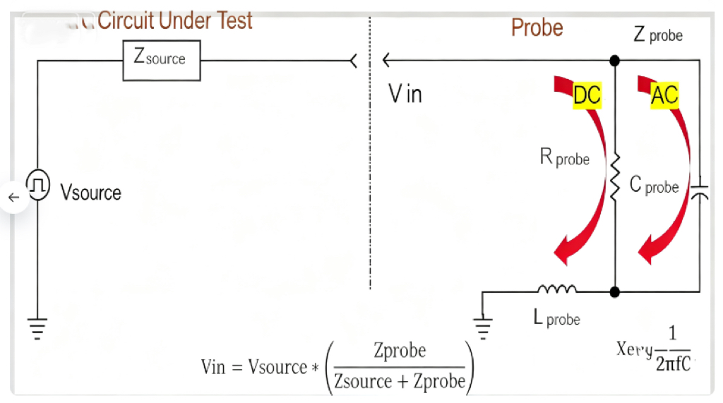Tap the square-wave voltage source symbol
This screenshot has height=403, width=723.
click(x=37, y=185)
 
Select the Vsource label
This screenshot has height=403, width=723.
click(x=90, y=193)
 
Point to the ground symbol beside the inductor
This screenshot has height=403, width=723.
click(x=483, y=325)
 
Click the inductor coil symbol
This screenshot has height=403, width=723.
click(x=557, y=289)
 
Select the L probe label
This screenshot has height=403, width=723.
click(x=557, y=318)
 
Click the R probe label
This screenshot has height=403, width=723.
click(x=564, y=157)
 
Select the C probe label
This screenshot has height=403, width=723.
click(x=654, y=185)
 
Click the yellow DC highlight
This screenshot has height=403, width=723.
click(x=587, y=95)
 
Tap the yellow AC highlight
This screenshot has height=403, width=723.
click(x=664, y=95)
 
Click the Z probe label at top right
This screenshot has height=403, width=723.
click(x=658, y=35)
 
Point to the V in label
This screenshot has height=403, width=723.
click(x=406, y=94)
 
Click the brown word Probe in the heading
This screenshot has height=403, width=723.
click(x=537, y=28)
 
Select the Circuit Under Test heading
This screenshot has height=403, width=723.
click(x=174, y=20)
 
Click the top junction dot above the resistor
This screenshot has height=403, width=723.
click(x=615, y=61)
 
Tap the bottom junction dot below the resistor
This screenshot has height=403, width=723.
click(x=615, y=291)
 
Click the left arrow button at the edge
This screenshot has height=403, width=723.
click(x=13, y=198)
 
